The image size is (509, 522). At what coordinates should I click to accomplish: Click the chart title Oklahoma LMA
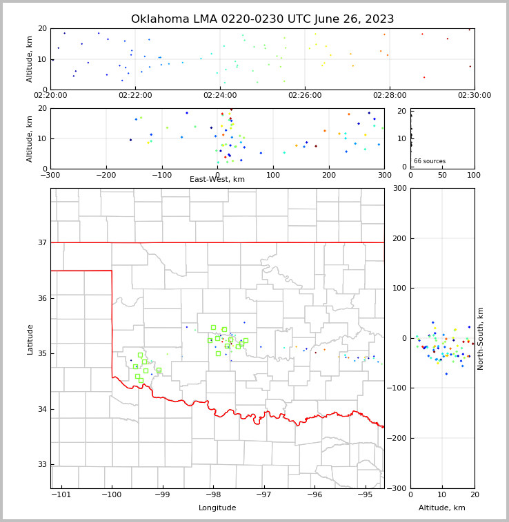(x=262, y=19)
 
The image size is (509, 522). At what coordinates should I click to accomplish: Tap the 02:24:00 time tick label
(x=220, y=96)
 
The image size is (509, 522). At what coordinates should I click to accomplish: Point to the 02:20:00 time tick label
(x=50, y=96)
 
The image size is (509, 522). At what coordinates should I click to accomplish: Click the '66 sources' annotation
(x=429, y=161)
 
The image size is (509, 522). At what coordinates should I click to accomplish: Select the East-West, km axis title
(x=217, y=180)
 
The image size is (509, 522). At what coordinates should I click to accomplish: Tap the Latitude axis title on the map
(x=30, y=339)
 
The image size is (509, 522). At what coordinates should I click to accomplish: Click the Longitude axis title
(x=217, y=508)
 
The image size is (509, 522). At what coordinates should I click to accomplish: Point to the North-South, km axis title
(x=481, y=338)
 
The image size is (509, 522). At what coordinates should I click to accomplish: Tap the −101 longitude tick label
(x=61, y=495)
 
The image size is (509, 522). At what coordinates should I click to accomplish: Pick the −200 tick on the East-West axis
(x=106, y=175)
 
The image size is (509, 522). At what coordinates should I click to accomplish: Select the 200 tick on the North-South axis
(x=399, y=238)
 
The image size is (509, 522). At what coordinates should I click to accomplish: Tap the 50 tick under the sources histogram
(x=442, y=175)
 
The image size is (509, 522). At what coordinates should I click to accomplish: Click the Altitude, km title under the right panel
(x=442, y=508)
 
